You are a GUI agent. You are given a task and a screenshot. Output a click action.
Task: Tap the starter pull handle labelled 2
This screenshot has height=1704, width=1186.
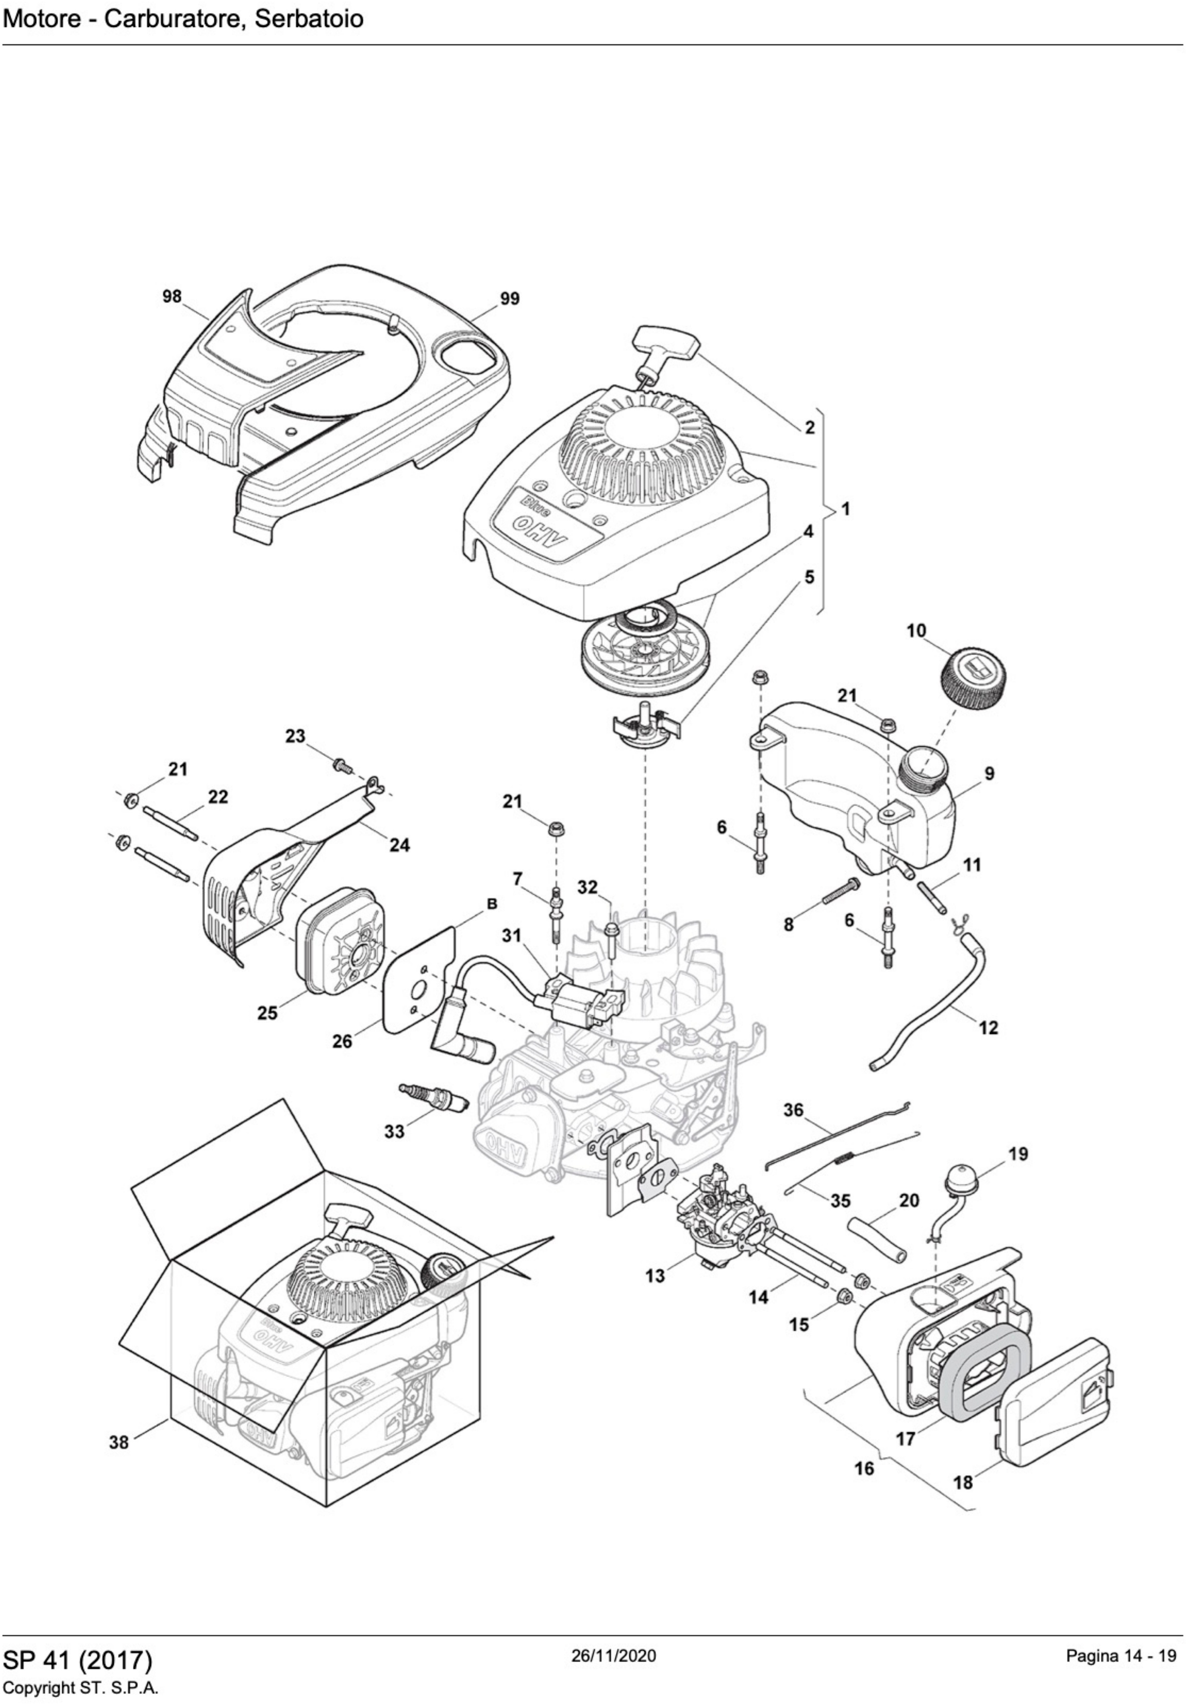point(666,343)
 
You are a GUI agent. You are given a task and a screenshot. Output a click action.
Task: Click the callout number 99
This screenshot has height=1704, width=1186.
point(509,299)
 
